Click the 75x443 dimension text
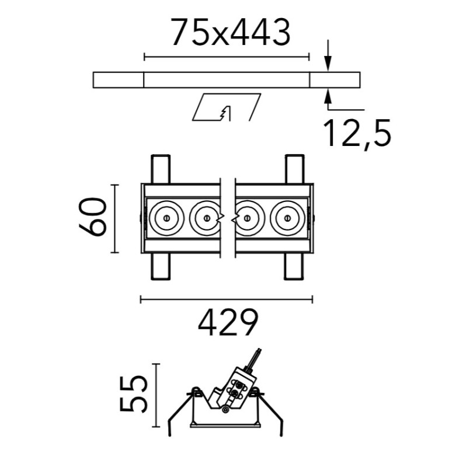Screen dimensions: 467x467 (x=230, y=32)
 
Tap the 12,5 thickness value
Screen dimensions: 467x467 (x=357, y=134)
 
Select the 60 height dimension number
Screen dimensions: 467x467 (x=93, y=217)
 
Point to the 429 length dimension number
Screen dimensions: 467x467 (x=228, y=322)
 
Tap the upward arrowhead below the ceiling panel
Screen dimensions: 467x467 (x=328, y=96)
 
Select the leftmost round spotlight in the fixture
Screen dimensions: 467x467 (x=166, y=218)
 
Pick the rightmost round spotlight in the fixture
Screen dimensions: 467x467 (x=287, y=218)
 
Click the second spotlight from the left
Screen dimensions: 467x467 (x=205, y=218)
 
